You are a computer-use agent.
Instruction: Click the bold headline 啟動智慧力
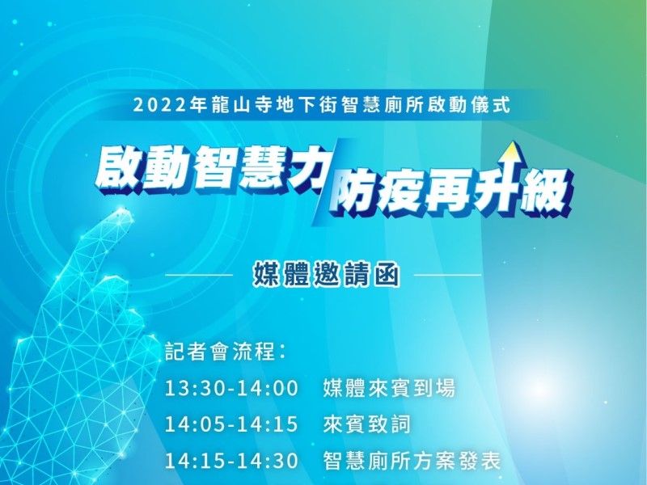[209, 170]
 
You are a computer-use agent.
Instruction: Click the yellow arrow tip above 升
[512, 143]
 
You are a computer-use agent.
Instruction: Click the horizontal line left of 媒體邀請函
[199, 274]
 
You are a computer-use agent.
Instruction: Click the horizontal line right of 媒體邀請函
[447, 274]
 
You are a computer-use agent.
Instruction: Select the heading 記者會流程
[220, 352]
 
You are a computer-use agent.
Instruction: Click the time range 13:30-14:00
[231, 389]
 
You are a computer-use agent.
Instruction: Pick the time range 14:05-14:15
[231, 424]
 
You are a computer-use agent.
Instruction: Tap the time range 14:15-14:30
[231, 460]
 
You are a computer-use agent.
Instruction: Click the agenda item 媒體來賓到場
[389, 388]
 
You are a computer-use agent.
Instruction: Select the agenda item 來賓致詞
[367, 424]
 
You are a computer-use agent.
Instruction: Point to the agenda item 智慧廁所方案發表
[412, 460]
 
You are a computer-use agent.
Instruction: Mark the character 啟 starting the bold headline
[118, 170]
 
